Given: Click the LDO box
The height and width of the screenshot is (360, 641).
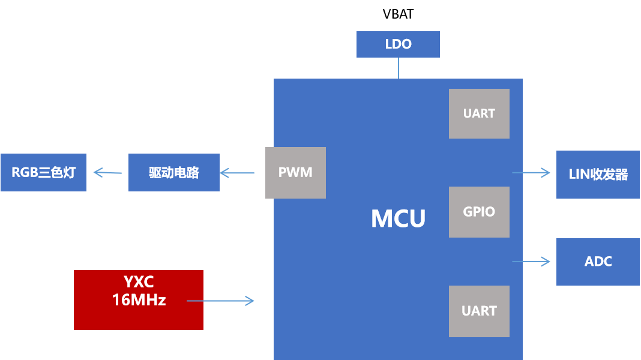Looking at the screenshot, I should coord(398,44).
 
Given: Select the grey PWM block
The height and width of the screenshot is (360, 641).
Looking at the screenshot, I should coord(295,173).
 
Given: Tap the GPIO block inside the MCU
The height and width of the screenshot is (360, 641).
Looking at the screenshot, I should coord(479,212).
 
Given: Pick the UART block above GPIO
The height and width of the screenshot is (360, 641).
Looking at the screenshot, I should coord(479,113).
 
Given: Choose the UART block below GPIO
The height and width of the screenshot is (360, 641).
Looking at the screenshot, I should coord(479,311).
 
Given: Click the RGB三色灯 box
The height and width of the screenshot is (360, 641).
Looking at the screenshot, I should coord(43,173).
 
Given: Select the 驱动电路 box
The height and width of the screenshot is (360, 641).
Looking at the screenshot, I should coord(174,173).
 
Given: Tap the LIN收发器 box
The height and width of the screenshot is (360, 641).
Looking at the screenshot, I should coord(598,175).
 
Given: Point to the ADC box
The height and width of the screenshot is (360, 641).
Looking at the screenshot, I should coord(598,262).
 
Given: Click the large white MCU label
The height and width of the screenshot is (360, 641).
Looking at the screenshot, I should coord(398,219).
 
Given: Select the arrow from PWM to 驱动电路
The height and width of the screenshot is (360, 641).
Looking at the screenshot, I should coord(237,173).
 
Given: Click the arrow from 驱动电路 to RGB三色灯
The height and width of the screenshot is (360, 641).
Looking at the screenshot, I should coord(107,173).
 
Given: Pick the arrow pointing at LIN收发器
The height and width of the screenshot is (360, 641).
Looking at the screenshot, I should coord(531,173).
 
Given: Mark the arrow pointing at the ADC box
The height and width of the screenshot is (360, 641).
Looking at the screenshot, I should coord(531,261).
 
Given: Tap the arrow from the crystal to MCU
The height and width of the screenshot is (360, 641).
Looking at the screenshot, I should coord(221,301).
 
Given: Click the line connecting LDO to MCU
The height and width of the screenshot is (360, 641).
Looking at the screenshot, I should coord(398,68).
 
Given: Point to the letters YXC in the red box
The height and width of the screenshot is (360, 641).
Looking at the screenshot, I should coord(139,282).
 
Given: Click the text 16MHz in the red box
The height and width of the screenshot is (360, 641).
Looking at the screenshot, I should coord(139,300).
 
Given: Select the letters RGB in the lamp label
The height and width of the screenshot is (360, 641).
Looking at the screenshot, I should coord(24,173).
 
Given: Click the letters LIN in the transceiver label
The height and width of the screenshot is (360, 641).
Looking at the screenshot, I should coord(579,175).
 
